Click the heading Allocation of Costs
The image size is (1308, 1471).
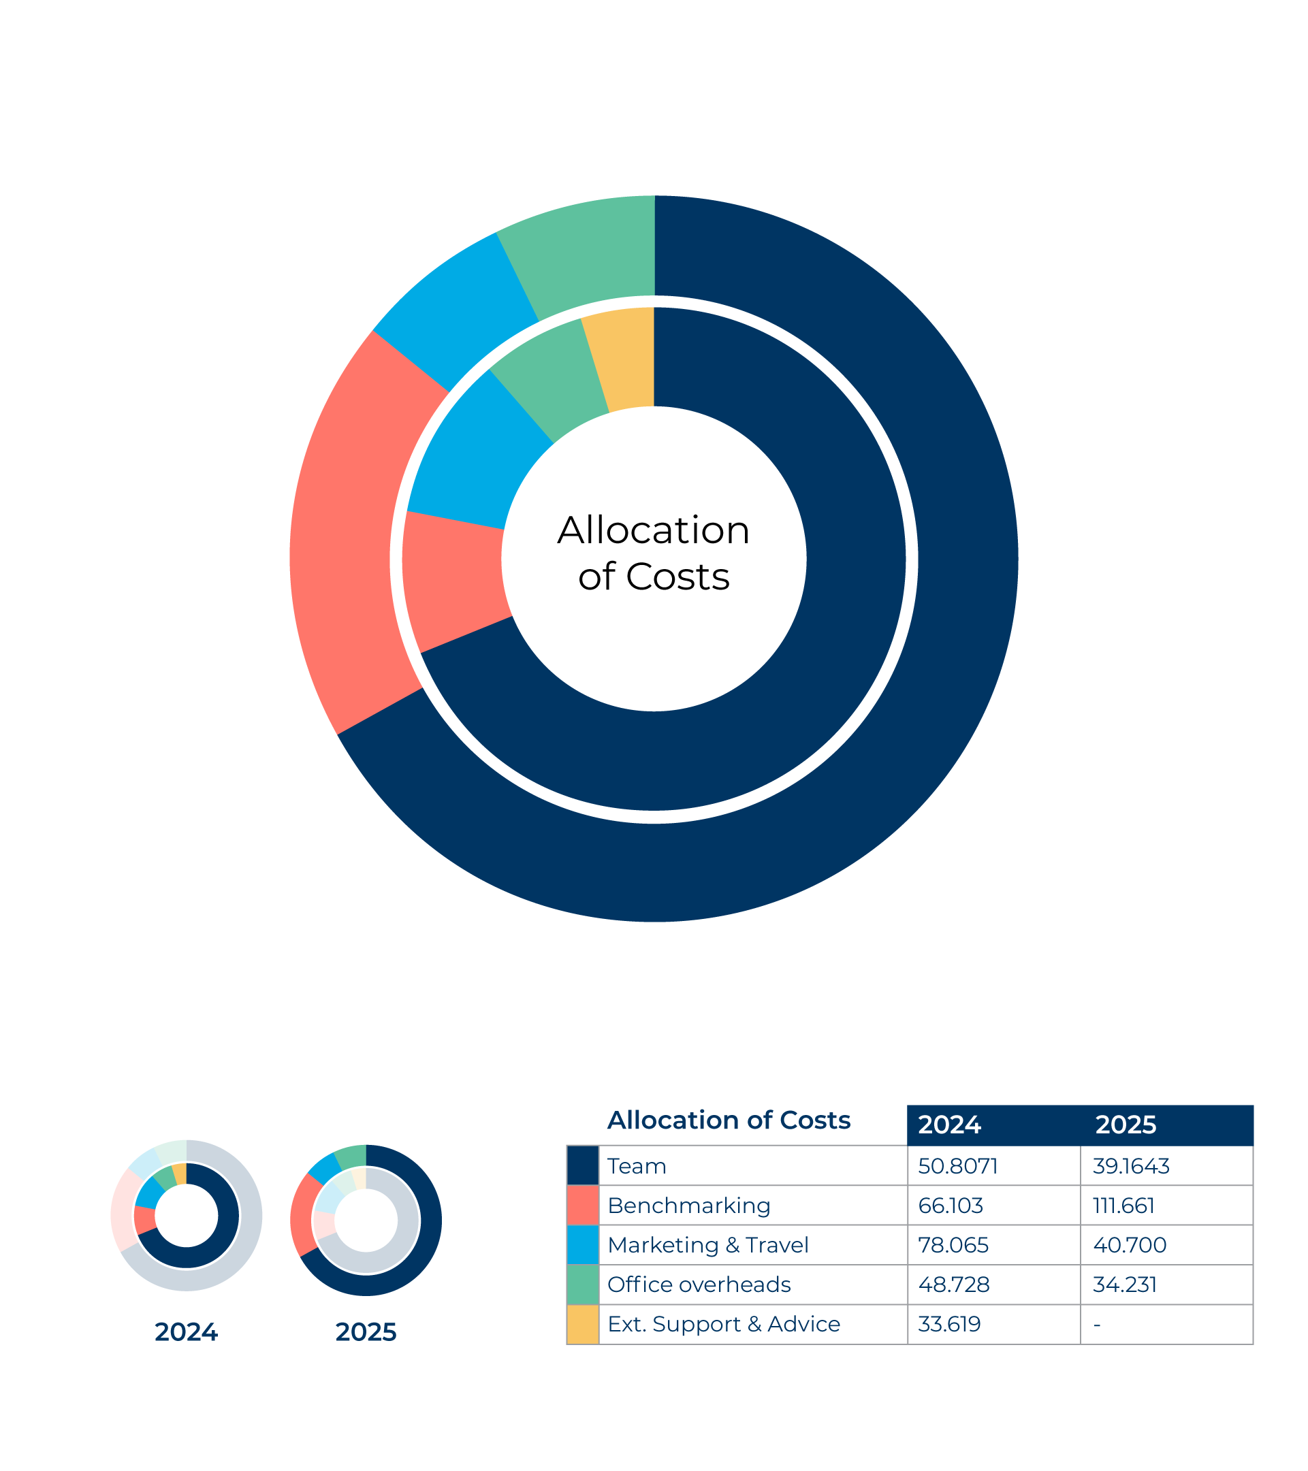(729, 1120)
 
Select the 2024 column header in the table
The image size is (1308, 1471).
(949, 1125)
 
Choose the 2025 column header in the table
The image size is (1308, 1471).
(1126, 1125)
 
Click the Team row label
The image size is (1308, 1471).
(637, 1166)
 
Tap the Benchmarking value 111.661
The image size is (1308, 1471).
(1123, 1206)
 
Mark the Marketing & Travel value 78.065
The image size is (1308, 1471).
(953, 1245)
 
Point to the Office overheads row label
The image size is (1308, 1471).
(699, 1284)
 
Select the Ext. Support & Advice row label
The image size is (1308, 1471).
(724, 1324)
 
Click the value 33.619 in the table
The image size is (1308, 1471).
(949, 1324)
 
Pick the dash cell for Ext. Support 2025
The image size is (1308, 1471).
(1097, 1325)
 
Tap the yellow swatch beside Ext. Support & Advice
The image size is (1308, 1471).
(582, 1324)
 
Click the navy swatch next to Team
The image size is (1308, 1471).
(582, 1166)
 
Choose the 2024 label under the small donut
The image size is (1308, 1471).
(186, 1332)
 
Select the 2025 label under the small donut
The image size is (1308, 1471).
(366, 1332)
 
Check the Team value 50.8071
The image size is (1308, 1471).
(958, 1166)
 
